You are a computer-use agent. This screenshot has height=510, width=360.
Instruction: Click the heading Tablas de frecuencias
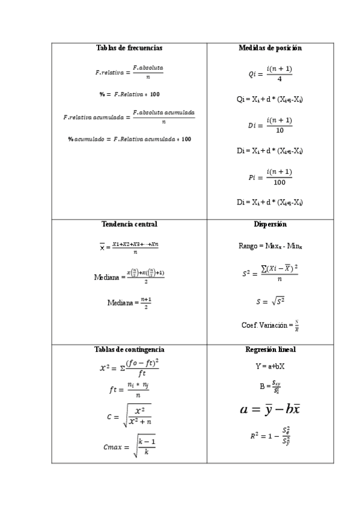(x=129, y=48)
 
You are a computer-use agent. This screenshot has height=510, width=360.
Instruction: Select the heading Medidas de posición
(x=270, y=48)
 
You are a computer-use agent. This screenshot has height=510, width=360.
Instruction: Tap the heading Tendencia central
(x=129, y=224)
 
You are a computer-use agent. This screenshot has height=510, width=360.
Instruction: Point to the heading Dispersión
(x=270, y=224)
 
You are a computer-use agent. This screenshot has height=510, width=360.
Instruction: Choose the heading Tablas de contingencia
(x=129, y=349)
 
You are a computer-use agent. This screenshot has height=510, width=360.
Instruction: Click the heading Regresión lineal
(x=270, y=349)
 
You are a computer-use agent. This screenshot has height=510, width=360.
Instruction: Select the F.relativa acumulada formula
(x=129, y=117)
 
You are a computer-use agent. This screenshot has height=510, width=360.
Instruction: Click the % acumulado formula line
(x=129, y=139)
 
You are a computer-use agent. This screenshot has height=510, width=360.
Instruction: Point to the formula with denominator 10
(x=270, y=125)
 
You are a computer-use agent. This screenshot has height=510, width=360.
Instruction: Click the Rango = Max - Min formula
(x=270, y=246)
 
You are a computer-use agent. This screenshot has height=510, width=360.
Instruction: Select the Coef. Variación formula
(x=270, y=325)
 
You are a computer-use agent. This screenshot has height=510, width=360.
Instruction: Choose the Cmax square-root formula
(x=129, y=447)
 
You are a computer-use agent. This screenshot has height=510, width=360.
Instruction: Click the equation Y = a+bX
(x=270, y=366)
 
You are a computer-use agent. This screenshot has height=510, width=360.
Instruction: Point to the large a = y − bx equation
(x=270, y=410)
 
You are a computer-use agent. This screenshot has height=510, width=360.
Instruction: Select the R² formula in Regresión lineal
(x=270, y=437)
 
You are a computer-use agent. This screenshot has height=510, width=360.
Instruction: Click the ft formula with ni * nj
(x=129, y=390)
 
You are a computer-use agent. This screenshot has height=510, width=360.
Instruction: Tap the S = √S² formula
(x=270, y=300)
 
